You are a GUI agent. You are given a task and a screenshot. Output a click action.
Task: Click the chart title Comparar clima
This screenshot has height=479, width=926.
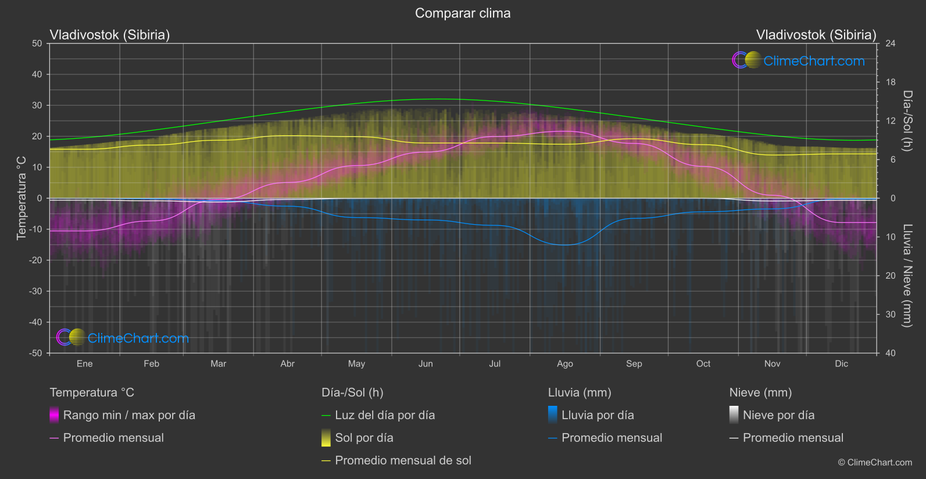(x=463, y=13)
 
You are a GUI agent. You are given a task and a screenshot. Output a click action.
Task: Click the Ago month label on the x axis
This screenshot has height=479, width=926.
(x=564, y=363)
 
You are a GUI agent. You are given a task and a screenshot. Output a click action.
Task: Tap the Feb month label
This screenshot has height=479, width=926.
(x=151, y=363)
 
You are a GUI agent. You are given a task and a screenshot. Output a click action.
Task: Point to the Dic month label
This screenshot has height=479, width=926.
(x=841, y=363)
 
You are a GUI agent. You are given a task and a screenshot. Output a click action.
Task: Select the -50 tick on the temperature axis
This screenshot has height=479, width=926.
(x=37, y=353)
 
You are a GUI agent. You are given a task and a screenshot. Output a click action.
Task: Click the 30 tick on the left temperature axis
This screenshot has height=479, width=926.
(x=37, y=105)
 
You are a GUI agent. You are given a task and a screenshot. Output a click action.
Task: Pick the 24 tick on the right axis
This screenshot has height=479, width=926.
(x=890, y=44)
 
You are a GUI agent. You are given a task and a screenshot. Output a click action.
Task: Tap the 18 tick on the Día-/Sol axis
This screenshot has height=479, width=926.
(x=890, y=82)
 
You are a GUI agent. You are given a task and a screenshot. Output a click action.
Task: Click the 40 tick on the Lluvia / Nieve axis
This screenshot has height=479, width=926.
(x=890, y=353)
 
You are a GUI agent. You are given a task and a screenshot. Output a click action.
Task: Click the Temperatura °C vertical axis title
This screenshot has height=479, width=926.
(x=22, y=197)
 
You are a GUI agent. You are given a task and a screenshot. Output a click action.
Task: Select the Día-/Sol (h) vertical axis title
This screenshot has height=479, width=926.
(x=907, y=121)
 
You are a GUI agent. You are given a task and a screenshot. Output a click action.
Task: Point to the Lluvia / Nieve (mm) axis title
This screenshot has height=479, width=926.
(x=907, y=275)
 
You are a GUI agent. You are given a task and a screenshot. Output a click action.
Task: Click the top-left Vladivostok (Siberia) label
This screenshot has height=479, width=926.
(x=110, y=35)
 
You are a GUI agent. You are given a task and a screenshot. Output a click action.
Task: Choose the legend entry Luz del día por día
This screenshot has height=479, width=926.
(x=385, y=415)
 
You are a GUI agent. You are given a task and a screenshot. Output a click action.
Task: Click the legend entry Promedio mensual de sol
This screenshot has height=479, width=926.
(x=403, y=460)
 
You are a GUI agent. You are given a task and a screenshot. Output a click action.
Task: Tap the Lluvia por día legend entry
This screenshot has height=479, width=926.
(x=598, y=415)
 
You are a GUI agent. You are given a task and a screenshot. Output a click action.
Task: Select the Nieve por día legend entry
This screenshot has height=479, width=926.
(x=778, y=415)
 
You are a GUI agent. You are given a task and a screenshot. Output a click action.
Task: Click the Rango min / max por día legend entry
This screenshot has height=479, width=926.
(x=129, y=415)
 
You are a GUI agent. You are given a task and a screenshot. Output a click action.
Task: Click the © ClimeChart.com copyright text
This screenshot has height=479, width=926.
(x=875, y=462)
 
